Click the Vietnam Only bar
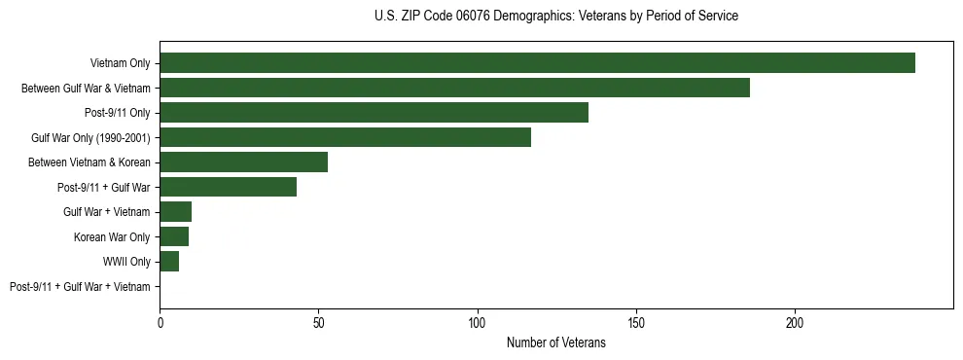point(537,63)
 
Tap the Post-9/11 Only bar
point(374,113)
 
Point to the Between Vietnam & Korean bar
point(243,162)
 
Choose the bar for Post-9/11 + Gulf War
point(228,187)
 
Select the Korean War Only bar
point(174,236)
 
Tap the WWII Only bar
point(169,262)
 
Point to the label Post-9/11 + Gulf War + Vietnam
point(80,287)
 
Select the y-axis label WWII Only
point(126,262)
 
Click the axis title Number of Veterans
point(555,342)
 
